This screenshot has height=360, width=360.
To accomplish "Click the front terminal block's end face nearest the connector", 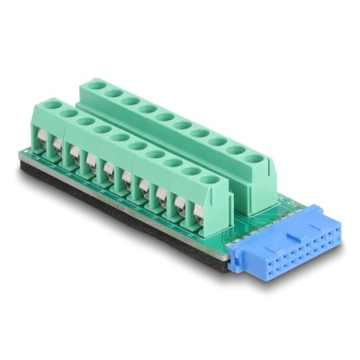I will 214,207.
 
